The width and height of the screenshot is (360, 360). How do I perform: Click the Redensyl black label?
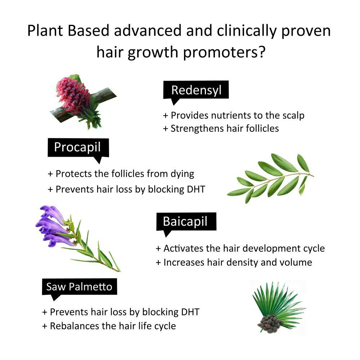click(196, 90)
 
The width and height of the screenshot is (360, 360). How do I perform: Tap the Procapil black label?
click(78, 147)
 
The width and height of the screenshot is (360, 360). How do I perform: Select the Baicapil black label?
click(186, 221)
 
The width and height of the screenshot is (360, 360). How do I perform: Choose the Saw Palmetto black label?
click(79, 287)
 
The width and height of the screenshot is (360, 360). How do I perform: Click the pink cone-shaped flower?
click(74, 95)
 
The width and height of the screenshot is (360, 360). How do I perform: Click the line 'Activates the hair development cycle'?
click(240, 248)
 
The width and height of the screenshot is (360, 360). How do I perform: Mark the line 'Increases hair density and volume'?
click(234, 262)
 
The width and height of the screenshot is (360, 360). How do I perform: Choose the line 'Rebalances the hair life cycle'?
click(109, 326)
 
